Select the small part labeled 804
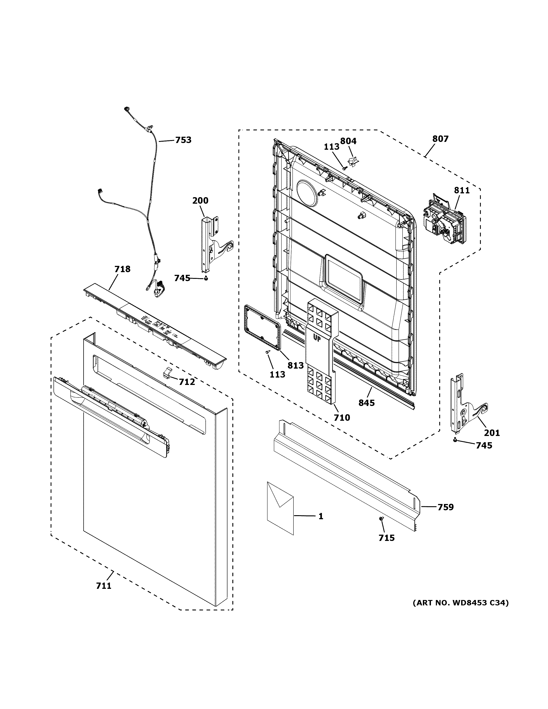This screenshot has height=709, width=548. click(x=353, y=159)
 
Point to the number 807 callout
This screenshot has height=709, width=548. click(x=440, y=139)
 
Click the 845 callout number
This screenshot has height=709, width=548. click(x=366, y=403)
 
